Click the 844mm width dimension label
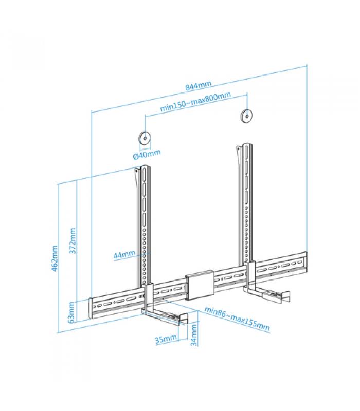[198, 85]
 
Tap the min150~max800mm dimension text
[195, 101]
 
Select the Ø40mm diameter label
[147, 155]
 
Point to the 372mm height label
[73, 240]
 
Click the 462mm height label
[55, 258]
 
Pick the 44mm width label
[124, 254]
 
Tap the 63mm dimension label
[71, 312]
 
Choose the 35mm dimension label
[166, 339]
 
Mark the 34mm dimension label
[194, 335]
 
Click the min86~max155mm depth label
[237, 319]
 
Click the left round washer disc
[145, 138]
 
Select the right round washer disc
[247, 115]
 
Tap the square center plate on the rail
[200, 285]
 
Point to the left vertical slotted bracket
[144, 226]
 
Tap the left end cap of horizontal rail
[91, 308]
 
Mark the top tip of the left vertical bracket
[145, 165]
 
